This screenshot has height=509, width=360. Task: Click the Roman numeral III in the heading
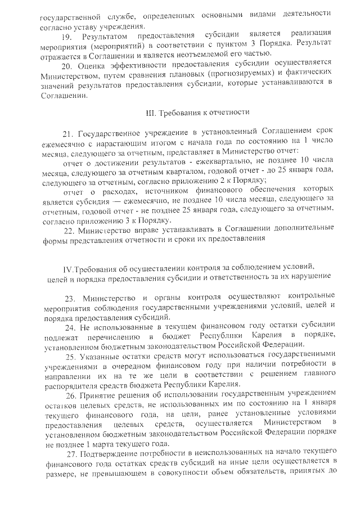pos(151,113)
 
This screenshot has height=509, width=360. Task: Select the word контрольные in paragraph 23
pos(311,296)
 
